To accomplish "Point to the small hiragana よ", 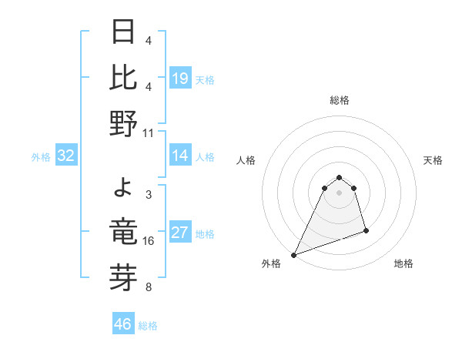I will (x=125, y=187).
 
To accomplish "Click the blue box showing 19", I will (x=179, y=78).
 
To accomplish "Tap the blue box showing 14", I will (x=179, y=156).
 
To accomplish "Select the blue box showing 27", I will (x=179, y=233).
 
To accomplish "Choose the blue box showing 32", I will (x=66, y=156).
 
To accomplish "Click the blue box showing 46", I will (x=123, y=324).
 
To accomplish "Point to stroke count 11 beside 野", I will (x=149, y=132).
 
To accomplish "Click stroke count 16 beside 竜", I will (x=149, y=240).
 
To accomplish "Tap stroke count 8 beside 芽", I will (x=148, y=288).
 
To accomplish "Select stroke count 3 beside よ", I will (x=148, y=194).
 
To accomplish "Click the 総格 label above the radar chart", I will (x=340, y=100).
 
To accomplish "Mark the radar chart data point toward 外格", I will (x=293, y=254).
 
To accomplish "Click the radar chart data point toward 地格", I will (x=366, y=230).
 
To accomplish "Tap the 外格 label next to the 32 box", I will (x=41, y=157).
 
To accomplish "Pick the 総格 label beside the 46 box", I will (x=148, y=326).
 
